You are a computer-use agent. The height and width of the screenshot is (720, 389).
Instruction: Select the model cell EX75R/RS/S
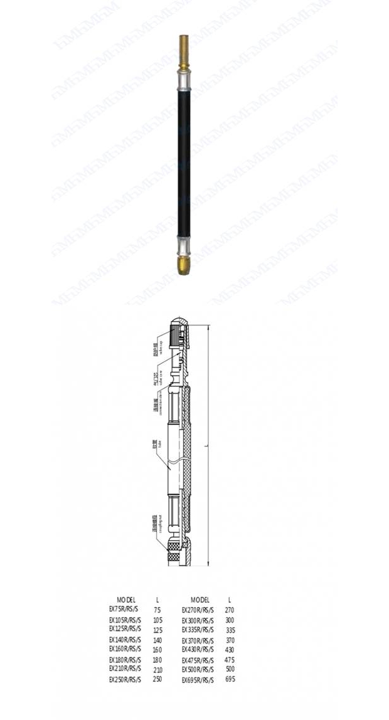click(x=125, y=608)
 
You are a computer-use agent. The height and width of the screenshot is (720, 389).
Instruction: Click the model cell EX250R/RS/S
click(x=125, y=679)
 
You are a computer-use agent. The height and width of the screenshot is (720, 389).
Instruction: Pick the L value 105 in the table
click(x=157, y=620)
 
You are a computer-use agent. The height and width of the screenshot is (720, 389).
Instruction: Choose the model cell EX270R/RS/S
click(x=198, y=610)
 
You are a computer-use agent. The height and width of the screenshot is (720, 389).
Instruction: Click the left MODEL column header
click(x=125, y=600)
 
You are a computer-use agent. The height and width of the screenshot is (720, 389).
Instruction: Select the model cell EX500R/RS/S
click(x=198, y=669)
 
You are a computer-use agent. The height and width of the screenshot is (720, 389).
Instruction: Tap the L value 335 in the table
click(x=230, y=630)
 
